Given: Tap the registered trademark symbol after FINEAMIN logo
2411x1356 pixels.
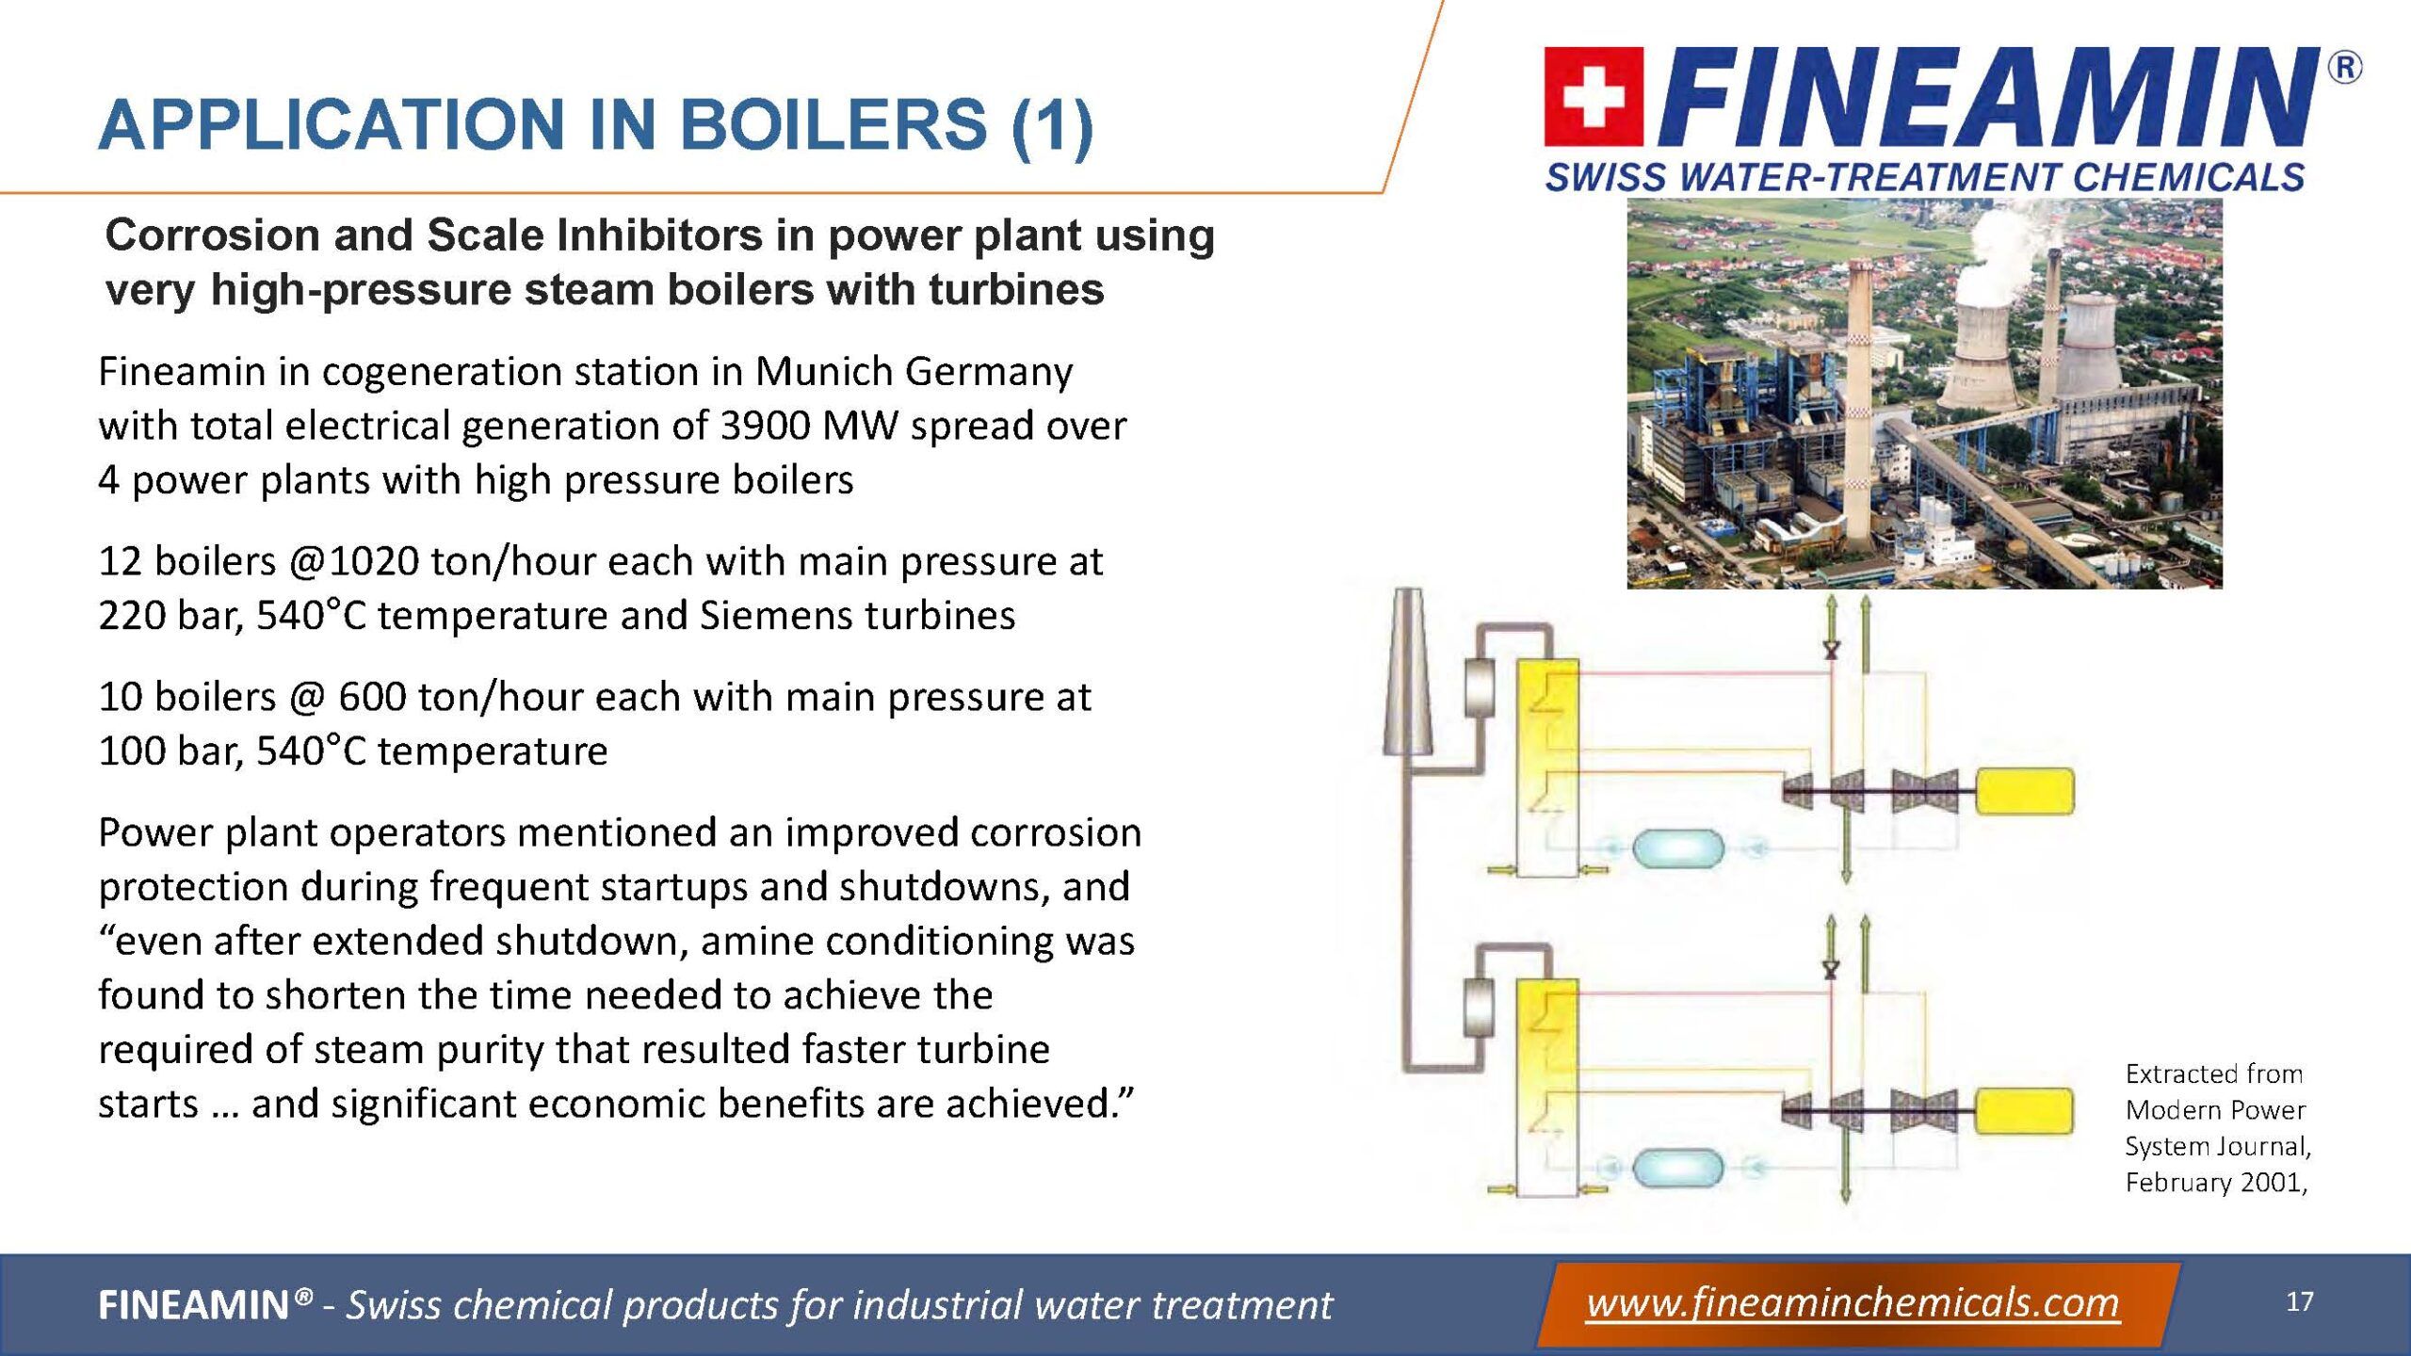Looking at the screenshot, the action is [x=2345, y=69].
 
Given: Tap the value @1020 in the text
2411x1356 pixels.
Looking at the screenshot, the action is [x=354, y=562].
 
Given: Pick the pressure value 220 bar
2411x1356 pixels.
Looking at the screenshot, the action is [x=170, y=616].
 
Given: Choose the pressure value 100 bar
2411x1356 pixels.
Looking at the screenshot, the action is [x=170, y=751].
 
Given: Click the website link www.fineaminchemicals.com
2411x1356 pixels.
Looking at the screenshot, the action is [x=1853, y=1303].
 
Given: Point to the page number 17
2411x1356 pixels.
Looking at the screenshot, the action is [x=2300, y=1301].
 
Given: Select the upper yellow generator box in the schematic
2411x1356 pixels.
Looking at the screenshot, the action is [x=2024, y=791].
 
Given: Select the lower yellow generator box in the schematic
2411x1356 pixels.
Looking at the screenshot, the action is [x=2024, y=1111].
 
